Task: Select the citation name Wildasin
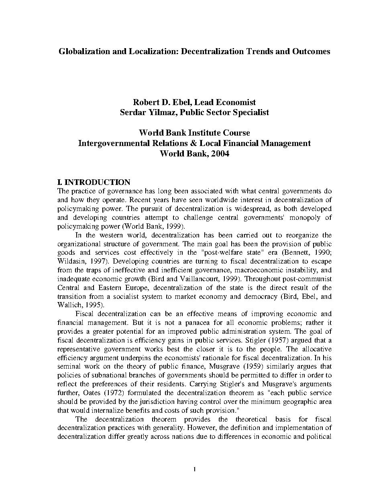[71, 261]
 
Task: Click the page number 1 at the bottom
[194, 470]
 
